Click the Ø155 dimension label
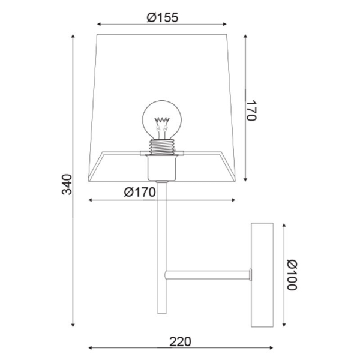coord(163,17)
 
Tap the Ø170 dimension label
coord(140,192)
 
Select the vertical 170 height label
coord(251,110)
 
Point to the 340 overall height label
coord(67,184)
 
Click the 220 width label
coord(180,341)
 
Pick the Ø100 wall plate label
coord(292,275)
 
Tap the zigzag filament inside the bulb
coord(162,120)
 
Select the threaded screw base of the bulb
coord(162,147)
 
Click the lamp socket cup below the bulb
coord(162,168)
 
